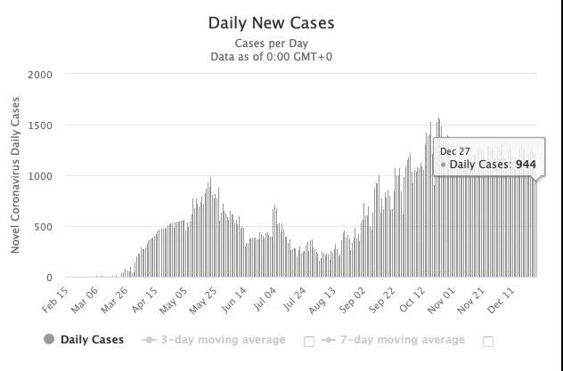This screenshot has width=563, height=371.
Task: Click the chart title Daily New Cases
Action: click(x=272, y=23)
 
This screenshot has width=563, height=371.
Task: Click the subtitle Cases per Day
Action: click(x=272, y=44)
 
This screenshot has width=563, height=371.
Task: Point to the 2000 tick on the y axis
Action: click(x=41, y=75)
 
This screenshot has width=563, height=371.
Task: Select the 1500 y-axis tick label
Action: click(x=41, y=125)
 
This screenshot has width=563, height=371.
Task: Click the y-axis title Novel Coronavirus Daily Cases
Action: click(x=16, y=176)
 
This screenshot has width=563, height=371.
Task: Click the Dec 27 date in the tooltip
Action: click(x=455, y=152)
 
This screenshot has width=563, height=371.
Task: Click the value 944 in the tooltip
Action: click(x=526, y=165)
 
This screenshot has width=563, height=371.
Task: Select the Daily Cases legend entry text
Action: click(x=92, y=340)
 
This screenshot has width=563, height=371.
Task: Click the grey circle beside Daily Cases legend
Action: click(x=49, y=340)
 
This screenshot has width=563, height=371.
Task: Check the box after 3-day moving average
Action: click(x=309, y=341)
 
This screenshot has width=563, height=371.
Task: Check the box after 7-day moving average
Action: click(x=488, y=341)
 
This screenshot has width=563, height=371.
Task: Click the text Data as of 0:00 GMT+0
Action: click(x=272, y=57)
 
